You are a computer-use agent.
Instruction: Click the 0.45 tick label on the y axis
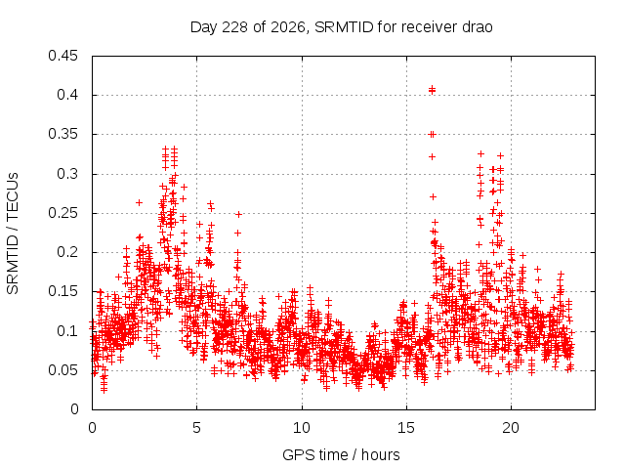(62, 56)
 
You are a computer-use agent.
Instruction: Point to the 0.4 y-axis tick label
(67, 95)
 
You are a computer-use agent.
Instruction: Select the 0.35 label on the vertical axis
(62, 135)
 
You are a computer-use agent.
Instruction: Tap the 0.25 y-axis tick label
(62, 213)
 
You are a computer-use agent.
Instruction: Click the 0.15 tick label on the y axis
(62, 291)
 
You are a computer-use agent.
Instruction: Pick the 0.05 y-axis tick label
(62, 370)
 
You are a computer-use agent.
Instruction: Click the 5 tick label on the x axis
(196, 428)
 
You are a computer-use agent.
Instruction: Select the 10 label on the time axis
(302, 428)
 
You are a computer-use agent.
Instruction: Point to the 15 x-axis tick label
(406, 428)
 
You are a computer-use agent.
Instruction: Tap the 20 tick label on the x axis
(511, 428)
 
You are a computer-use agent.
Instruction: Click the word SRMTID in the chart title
(344, 27)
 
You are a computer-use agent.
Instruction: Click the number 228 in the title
(235, 27)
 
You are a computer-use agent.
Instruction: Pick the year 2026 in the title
(288, 28)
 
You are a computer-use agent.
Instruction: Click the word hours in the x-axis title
(380, 454)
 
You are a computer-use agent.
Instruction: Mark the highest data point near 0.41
(432, 89)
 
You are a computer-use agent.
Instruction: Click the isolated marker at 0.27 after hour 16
(433, 196)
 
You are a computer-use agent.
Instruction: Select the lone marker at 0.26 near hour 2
(139, 202)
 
